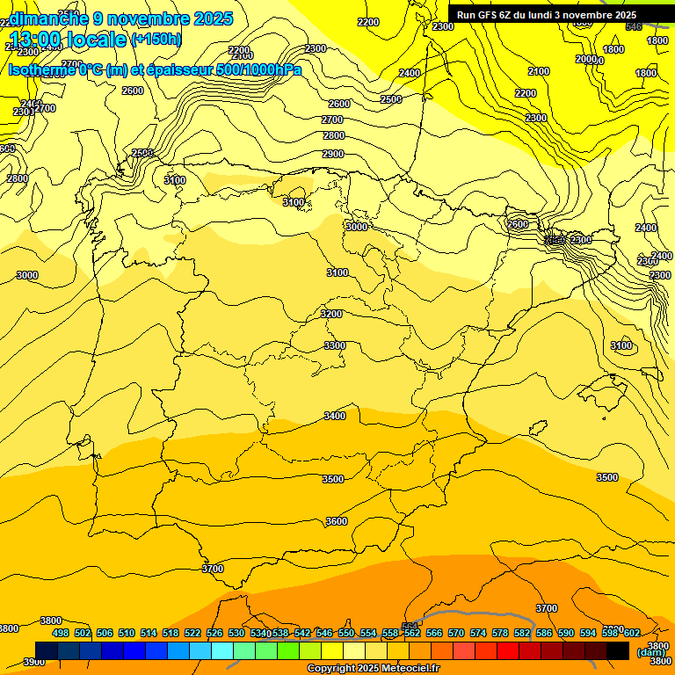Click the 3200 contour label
331,314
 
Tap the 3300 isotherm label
335,345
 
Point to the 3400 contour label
335,416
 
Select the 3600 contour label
337,521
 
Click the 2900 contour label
333,154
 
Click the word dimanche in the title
49,18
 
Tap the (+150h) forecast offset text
156,39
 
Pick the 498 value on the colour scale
61,633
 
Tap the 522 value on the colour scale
192,633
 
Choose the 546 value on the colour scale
324,633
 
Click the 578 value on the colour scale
500,633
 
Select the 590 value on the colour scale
566,633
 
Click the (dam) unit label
651,652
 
